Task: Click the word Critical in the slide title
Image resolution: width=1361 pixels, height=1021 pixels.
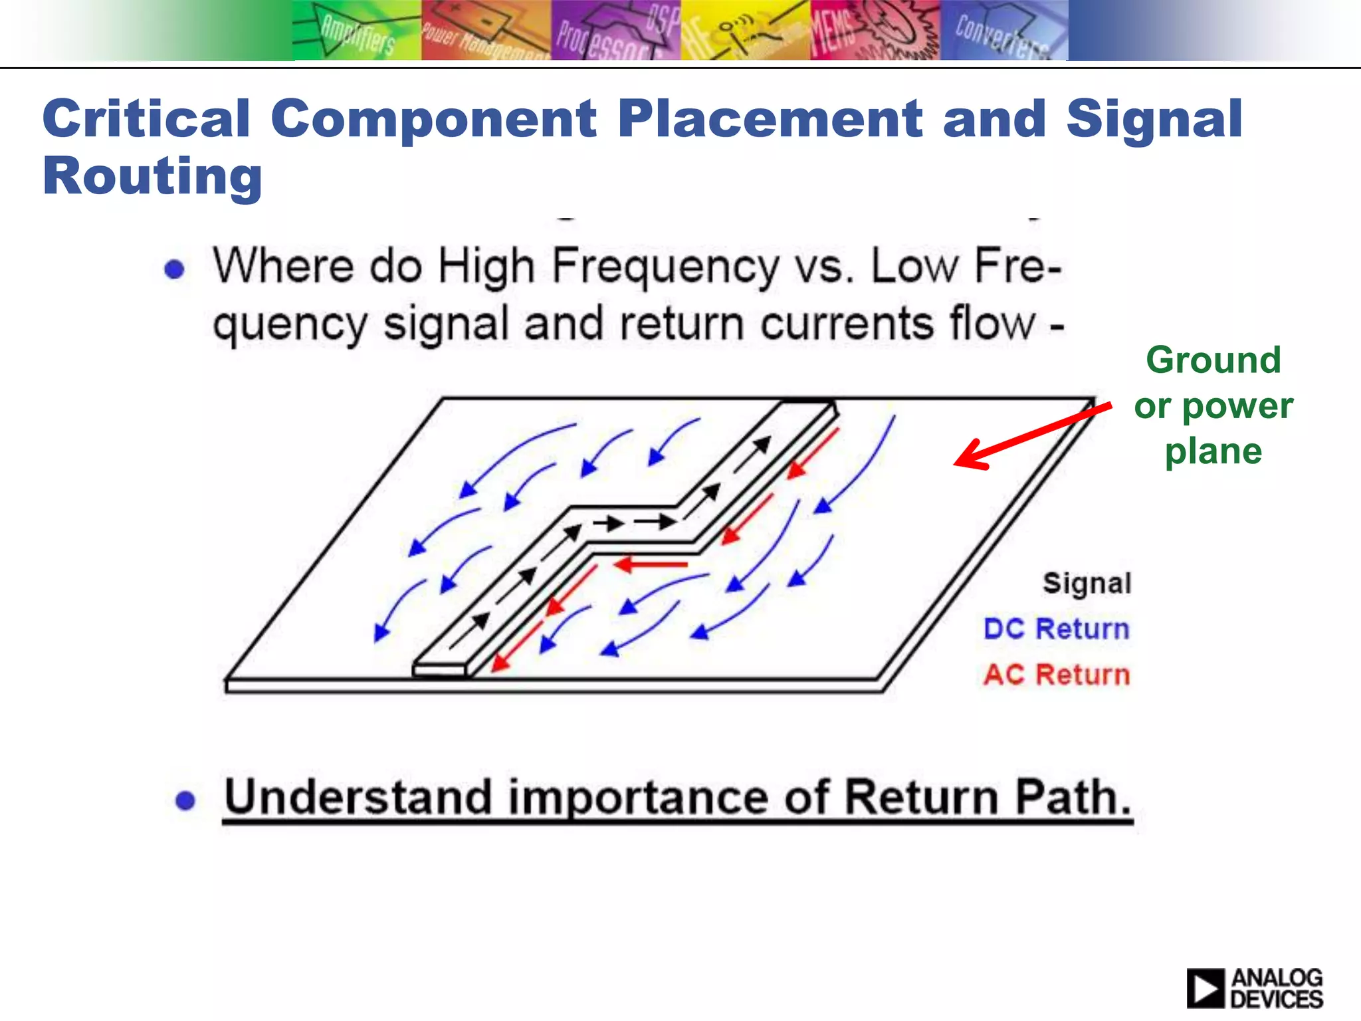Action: coord(146,118)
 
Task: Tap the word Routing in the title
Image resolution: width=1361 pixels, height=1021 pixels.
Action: coord(152,177)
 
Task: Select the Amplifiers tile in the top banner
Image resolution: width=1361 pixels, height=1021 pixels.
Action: coord(357,31)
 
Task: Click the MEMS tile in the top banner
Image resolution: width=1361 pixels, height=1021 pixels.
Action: coord(874,31)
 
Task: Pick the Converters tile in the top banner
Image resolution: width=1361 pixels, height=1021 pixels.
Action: coord(1003,31)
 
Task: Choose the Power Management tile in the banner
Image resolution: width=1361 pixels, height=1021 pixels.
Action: coord(486,31)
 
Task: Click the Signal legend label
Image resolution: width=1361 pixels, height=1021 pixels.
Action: coord(1087,583)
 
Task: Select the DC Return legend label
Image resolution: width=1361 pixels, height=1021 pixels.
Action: coord(1056,629)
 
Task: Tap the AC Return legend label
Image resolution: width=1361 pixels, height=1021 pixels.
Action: coord(1056,675)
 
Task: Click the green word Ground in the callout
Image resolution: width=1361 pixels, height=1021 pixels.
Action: coord(1213,360)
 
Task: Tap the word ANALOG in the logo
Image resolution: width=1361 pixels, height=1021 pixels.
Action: coord(1277,978)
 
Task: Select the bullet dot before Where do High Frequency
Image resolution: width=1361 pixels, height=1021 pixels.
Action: coord(174,269)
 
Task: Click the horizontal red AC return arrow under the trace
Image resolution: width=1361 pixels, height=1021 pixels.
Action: coord(651,565)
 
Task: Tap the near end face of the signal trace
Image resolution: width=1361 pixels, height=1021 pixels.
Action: coord(439,671)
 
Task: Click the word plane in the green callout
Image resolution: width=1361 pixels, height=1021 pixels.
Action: coord(1213,452)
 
